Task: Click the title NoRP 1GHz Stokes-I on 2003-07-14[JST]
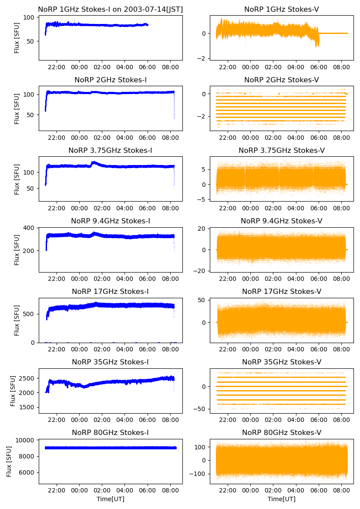click(111, 9)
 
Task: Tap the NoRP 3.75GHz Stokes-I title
click(111, 151)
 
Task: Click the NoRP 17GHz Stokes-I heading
click(111, 291)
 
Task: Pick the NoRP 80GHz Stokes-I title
click(111, 432)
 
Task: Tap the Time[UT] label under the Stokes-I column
click(111, 499)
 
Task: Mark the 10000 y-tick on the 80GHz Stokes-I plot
click(27, 440)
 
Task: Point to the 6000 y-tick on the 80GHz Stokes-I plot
click(28, 472)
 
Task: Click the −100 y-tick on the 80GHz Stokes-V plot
click(199, 474)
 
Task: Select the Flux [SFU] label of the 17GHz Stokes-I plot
click(17, 320)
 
